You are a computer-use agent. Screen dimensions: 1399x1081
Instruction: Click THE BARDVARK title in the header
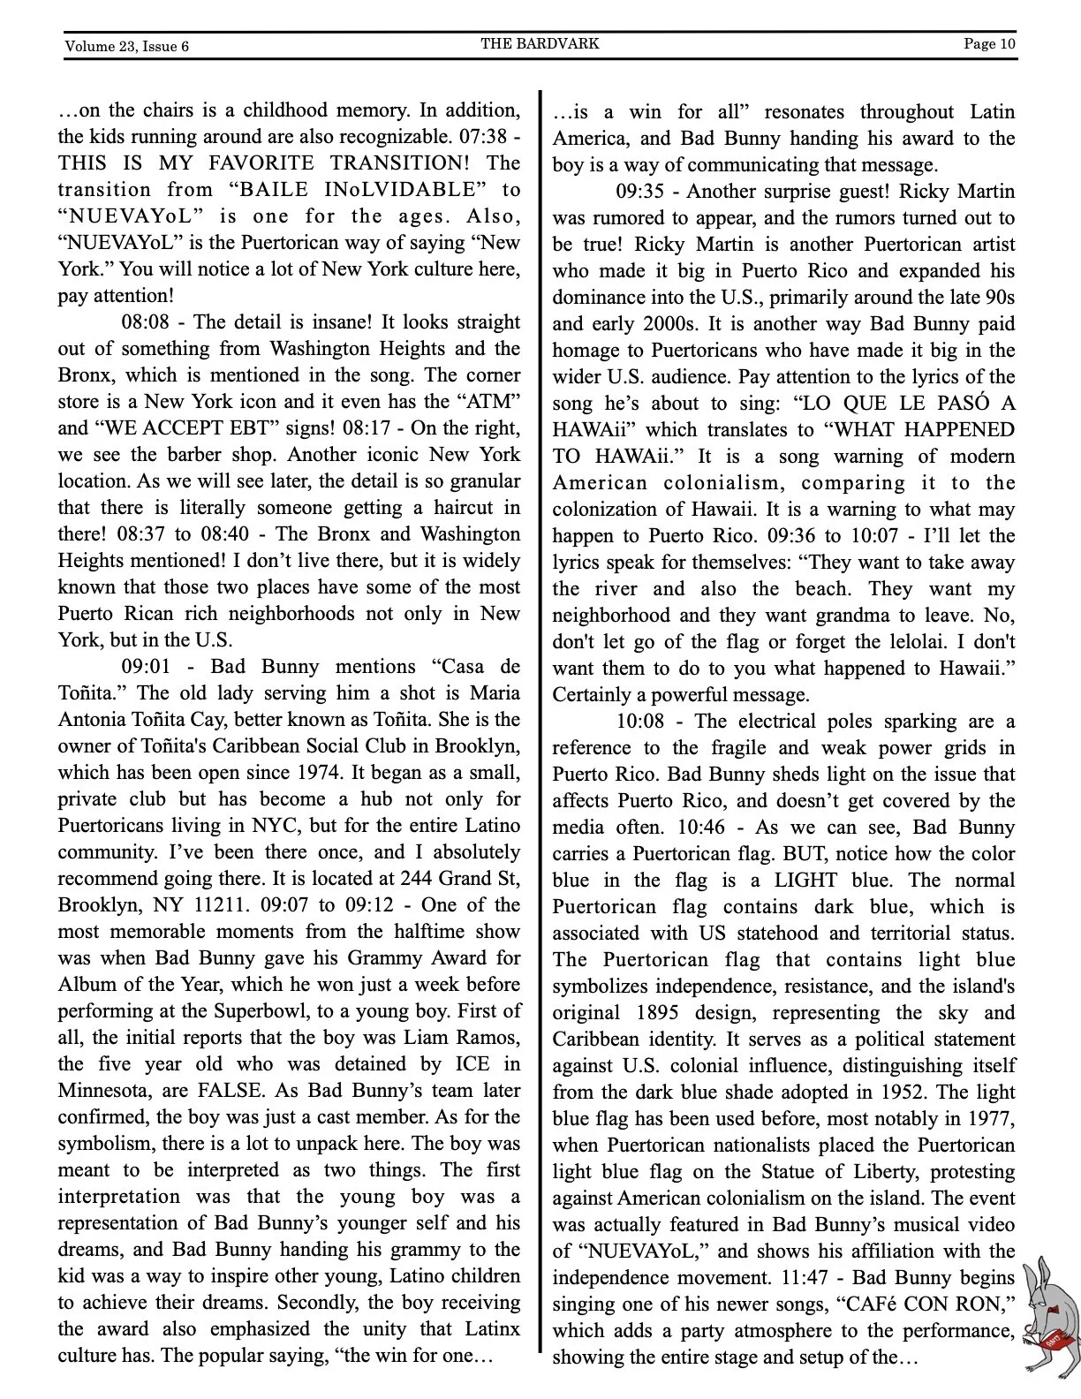tap(540, 43)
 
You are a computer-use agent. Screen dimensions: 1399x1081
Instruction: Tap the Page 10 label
tap(989, 43)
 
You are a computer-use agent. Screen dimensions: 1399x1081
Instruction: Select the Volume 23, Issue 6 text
tap(126, 46)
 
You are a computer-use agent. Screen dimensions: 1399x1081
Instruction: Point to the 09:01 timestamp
tap(146, 667)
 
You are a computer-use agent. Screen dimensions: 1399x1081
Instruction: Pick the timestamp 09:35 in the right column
tap(639, 192)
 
